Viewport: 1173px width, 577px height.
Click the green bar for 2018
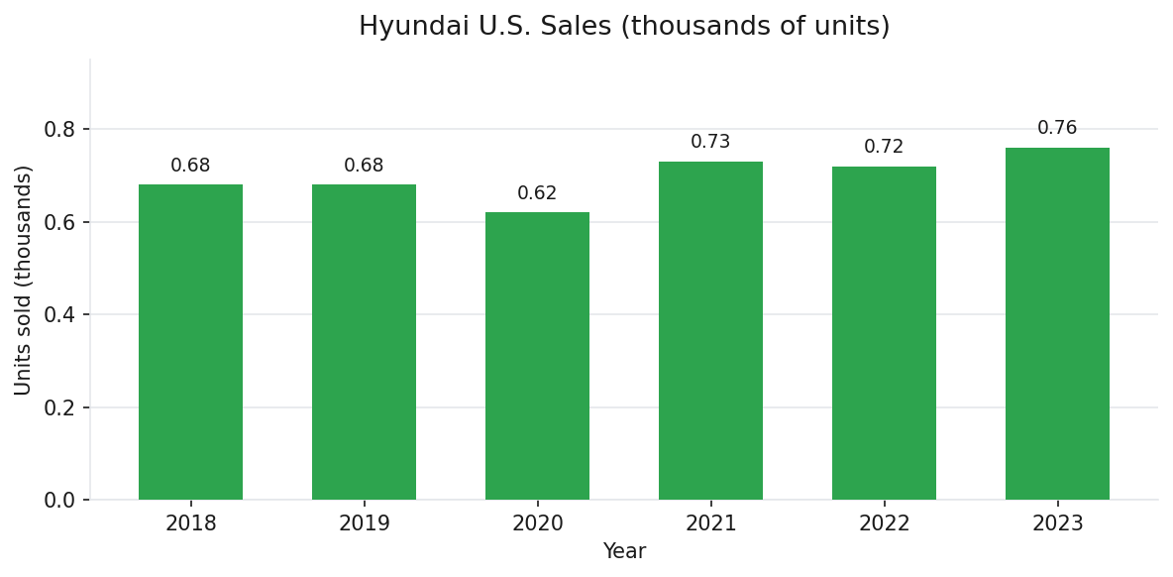[190, 342]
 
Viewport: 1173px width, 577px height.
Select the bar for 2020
[537, 356]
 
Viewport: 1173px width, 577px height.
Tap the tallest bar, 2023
[1057, 323]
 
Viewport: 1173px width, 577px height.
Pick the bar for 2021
[710, 330]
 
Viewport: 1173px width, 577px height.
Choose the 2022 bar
[884, 333]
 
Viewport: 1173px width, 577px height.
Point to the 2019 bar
[364, 342]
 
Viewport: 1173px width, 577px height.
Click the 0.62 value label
[537, 193]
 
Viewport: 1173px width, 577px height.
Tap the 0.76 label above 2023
[1057, 128]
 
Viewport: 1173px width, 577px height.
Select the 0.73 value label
[710, 142]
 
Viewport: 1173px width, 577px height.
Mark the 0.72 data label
[884, 147]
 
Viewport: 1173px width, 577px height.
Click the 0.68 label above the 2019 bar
[364, 166]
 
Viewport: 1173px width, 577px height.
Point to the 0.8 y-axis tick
[60, 129]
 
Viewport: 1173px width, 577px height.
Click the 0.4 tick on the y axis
[60, 314]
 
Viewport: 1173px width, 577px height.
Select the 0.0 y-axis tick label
[60, 500]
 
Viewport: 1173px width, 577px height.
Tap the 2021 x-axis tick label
[710, 523]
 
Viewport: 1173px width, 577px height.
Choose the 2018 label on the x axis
[190, 523]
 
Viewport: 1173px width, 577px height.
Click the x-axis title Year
[624, 551]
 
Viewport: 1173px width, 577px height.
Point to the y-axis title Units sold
[24, 280]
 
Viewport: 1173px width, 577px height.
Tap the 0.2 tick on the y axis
[60, 407]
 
